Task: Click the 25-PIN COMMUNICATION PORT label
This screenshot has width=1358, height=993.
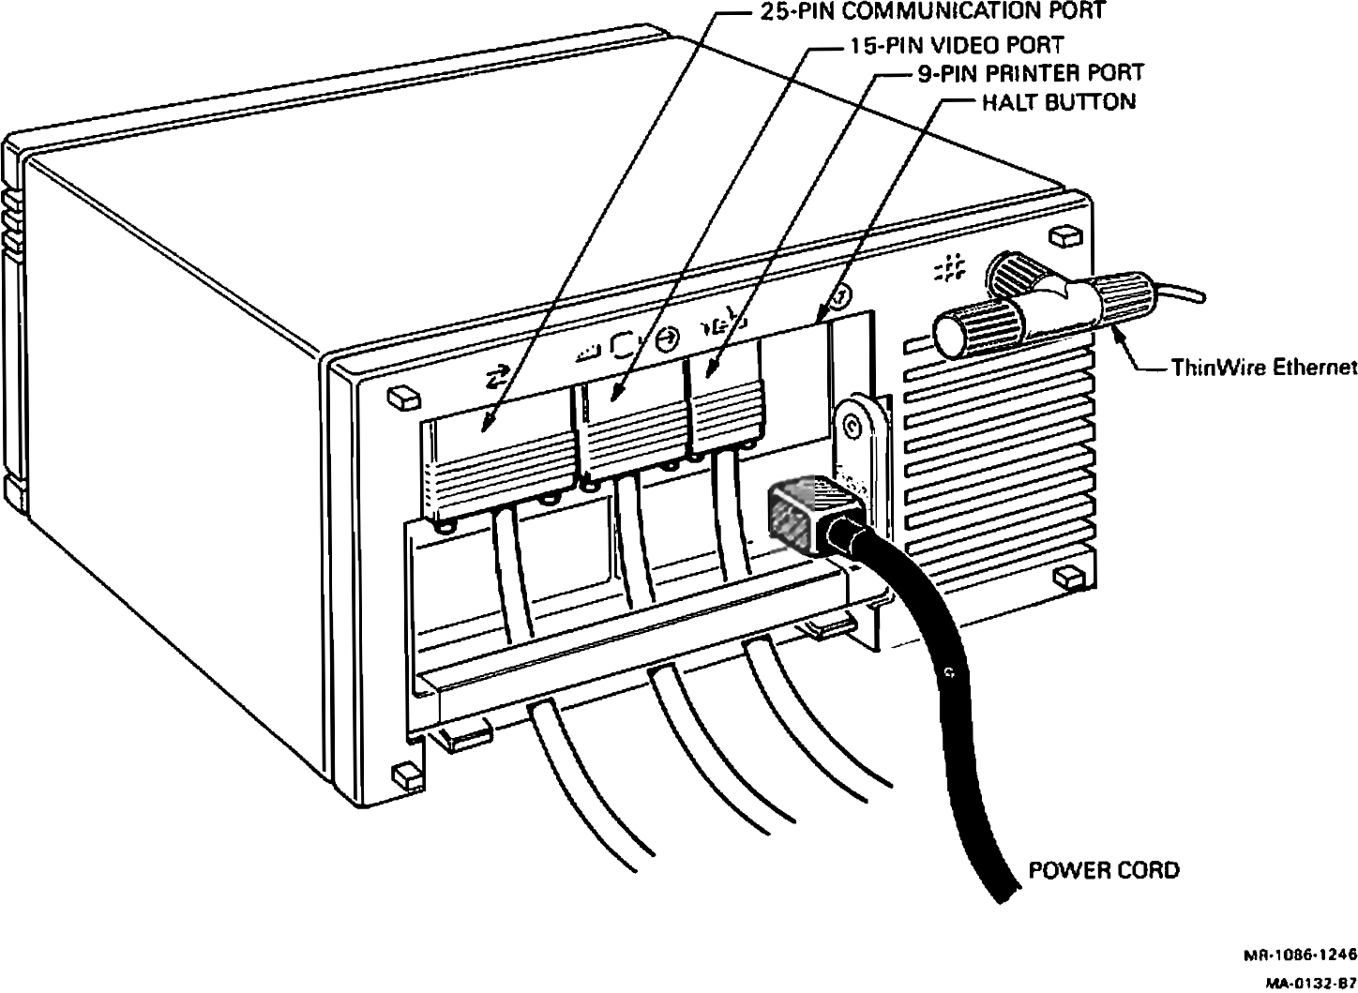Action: [x=930, y=11]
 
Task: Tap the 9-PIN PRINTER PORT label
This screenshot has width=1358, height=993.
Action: [x=1030, y=72]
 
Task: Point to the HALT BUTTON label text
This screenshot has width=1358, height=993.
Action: [x=1058, y=101]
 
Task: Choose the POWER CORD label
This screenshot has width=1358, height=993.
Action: [x=1104, y=870]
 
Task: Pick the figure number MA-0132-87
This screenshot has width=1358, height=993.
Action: [x=1309, y=982]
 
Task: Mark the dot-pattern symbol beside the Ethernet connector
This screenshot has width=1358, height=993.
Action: [x=950, y=269]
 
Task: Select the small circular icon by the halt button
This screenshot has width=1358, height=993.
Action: [x=841, y=297]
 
